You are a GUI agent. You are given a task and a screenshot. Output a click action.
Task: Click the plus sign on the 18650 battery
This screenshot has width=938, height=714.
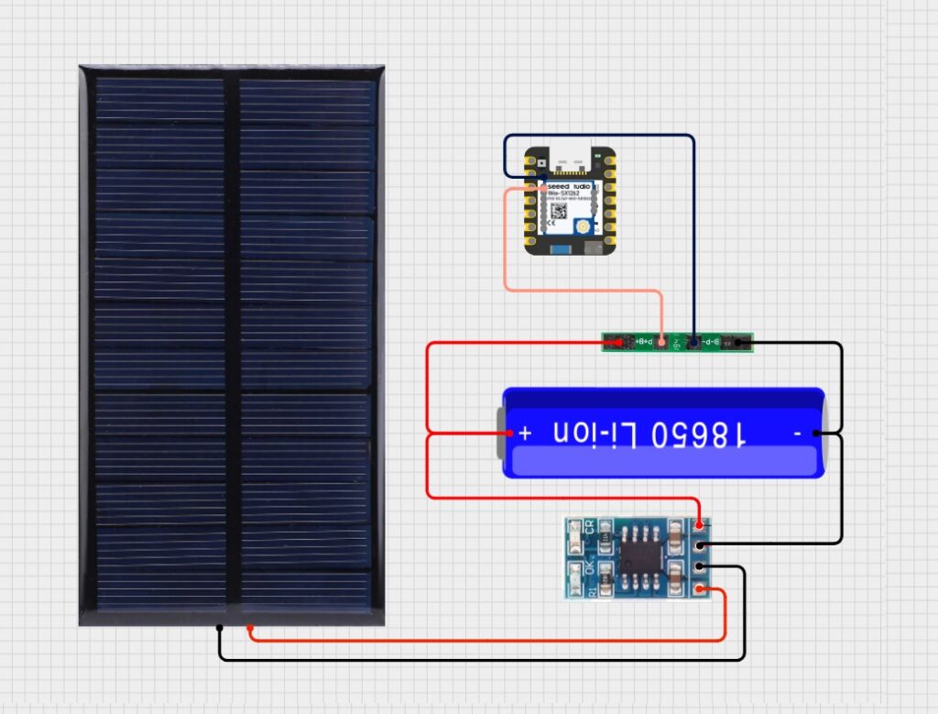pyautogui.click(x=525, y=433)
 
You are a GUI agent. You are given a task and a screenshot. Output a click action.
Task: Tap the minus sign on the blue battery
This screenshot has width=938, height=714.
pyautogui.click(x=798, y=434)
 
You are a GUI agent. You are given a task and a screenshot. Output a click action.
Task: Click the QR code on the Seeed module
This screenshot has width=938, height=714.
pyautogui.click(x=556, y=211)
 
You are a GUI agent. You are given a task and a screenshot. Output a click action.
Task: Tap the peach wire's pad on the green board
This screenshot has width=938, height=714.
pyautogui.click(x=661, y=343)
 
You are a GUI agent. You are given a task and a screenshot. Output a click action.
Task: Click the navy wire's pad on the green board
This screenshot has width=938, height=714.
pyautogui.click(x=693, y=343)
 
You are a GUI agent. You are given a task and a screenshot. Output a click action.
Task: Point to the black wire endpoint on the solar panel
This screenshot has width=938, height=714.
pyautogui.click(x=220, y=628)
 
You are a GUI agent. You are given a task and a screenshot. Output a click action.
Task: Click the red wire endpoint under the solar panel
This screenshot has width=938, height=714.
pyautogui.click(x=251, y=629)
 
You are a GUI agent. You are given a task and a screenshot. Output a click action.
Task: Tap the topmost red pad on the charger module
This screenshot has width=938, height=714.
pyautogui.click(x=701, y=525)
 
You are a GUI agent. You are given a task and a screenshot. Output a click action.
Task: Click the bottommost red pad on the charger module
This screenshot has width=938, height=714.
pyautogui.click(x=701, y=589)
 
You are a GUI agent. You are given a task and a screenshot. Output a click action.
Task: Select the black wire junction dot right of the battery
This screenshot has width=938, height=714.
pyautogui.click(x=814, y=434)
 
